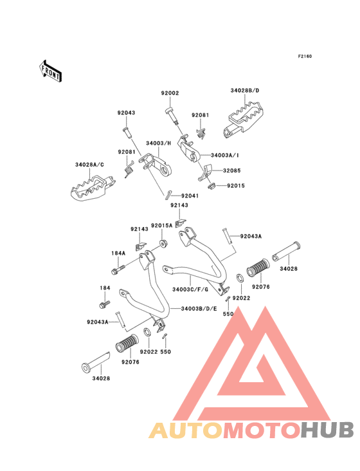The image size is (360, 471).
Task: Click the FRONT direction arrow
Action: (50, 71)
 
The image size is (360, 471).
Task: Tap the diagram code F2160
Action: (305, 56)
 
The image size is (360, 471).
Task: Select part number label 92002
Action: (170, 93)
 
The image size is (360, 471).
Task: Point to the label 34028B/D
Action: (245, 91)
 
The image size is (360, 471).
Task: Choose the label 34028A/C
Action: (89, 165)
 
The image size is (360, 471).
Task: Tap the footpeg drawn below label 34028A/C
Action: (93, 188)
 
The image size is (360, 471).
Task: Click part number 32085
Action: (231, 171)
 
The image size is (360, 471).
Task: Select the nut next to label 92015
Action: (212, 186)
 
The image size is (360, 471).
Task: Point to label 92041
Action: (190, 196)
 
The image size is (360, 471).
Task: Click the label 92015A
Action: (162, 225)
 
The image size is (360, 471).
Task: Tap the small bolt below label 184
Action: (104, 304)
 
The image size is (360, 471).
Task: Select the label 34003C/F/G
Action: (190, 290)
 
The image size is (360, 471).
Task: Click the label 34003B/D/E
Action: (199, 308)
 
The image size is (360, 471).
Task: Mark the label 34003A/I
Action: (225, 155)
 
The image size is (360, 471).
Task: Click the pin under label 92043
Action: (127, 133)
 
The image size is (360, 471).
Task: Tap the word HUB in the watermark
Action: (328, 430)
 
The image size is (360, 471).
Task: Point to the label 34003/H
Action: (158, 143)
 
